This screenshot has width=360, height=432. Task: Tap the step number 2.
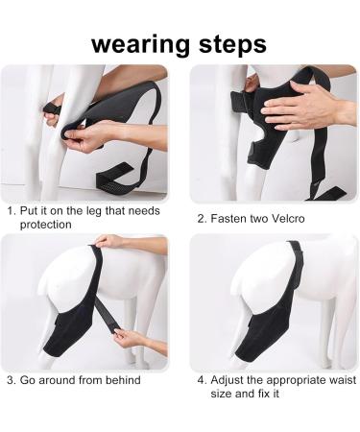[x=202, y=218]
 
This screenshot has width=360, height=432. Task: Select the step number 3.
[x=10, y=380]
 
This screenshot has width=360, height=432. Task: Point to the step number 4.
[x=202, y=379]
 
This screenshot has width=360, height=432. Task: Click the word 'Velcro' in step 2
[x=288, y=218]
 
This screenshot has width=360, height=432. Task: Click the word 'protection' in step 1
[x=46, y=224]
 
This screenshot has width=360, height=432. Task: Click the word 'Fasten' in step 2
[x=228, y=218]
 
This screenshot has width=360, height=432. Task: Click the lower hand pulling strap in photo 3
[x=131, y=337]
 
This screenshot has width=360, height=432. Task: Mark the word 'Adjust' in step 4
[x=230, y=379]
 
